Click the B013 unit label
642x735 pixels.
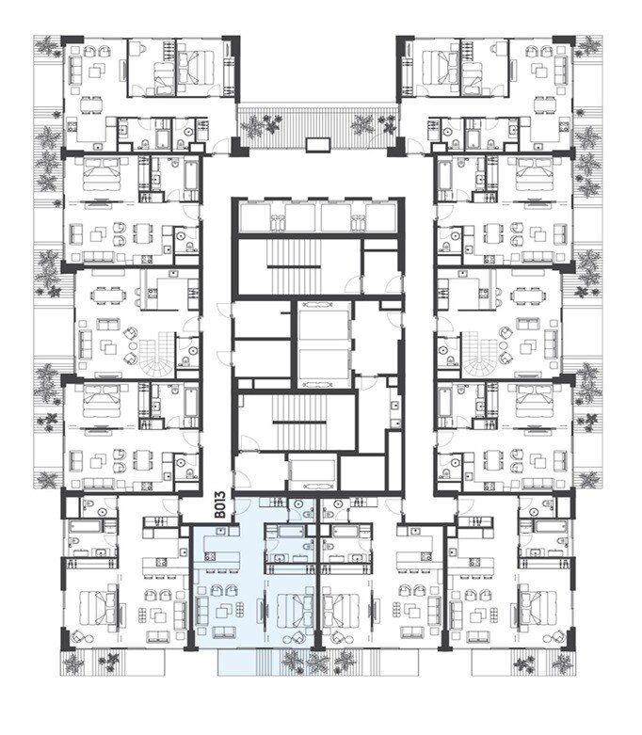coord(220,504)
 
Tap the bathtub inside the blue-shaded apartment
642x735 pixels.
coord(286,531)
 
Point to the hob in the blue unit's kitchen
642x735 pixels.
coord(210,556)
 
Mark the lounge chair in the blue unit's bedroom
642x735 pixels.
coord(297,637)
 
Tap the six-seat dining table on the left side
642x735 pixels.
coord(109,296)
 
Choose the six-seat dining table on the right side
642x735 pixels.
coord(527,296)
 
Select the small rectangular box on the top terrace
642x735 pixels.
coord(318,144)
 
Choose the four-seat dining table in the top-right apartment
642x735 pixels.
coord(545,105)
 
